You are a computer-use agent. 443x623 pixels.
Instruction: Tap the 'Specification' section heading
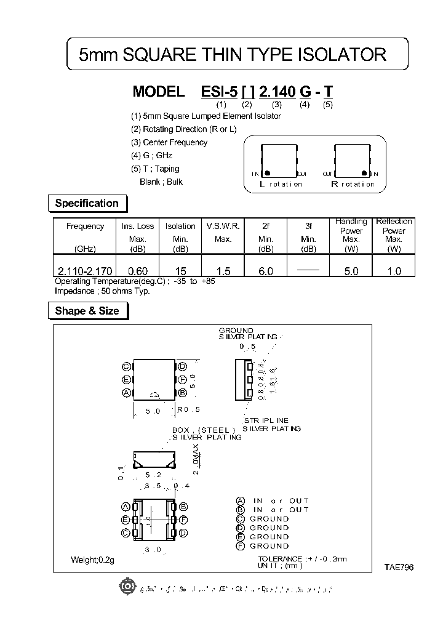(x=87, y=203)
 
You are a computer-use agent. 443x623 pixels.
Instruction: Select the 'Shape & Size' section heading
(x=87, y=311)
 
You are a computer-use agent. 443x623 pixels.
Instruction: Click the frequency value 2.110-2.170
(x=85, y=271)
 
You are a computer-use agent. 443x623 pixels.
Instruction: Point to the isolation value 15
(x=180, y=271)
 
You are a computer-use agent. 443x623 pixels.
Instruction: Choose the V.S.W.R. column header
(x=223, y=226)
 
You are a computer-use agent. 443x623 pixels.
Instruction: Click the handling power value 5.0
(x=351, y=271)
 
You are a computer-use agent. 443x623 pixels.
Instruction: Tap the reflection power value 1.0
(x=394, y=271)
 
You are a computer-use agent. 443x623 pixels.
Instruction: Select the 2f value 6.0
(x=266, y=271)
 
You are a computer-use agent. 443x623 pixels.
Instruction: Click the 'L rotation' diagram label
(x=281, y=184)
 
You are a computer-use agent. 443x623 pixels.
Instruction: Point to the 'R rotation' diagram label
(x=353, y=184)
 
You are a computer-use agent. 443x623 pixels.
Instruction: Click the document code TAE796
(x=400, y=568)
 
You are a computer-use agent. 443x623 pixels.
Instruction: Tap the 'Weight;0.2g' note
(x=92, y=560)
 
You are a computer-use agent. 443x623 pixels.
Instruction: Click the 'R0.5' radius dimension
(x=188, y=409)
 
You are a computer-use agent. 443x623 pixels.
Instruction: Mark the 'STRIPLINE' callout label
(x=266, y=420)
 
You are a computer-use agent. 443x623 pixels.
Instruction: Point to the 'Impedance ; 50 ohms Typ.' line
(x=102, y=291)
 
